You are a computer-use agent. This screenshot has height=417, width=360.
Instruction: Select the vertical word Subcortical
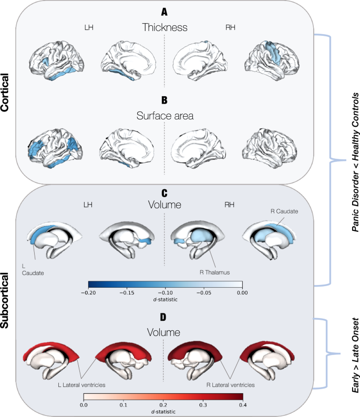[7, 300]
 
